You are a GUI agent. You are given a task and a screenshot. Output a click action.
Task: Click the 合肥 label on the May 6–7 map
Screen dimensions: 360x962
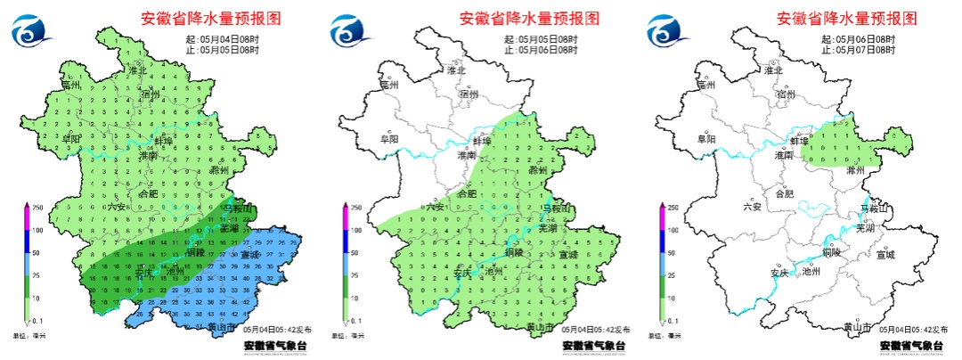click(785, 193)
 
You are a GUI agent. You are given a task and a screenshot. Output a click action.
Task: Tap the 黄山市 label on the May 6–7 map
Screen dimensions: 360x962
click(858, 328)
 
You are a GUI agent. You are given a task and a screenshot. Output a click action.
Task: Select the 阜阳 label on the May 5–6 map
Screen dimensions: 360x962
click(389, 139)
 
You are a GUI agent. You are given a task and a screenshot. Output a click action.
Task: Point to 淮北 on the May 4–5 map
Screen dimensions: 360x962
click(138, 70)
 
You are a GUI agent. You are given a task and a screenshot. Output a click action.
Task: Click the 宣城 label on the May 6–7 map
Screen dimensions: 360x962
click(885, 255)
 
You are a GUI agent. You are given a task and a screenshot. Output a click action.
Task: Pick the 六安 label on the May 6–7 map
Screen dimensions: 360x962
click(754, 207)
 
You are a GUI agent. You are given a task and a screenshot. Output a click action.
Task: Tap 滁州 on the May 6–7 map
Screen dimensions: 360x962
click(855, 169)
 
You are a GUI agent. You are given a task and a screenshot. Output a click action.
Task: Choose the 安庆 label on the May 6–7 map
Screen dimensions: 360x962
click(779, 273)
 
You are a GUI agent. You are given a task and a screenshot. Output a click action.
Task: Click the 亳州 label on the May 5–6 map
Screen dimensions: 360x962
click(389, 86)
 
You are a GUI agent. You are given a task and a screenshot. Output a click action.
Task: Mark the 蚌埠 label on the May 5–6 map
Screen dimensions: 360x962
click(482, 141)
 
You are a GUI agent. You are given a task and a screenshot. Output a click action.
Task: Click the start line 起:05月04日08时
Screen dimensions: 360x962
click(222, 40)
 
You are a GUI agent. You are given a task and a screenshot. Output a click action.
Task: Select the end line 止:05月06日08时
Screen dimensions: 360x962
click(540, 51)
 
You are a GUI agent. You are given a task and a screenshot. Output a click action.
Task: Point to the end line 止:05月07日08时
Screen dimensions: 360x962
click(859, 51)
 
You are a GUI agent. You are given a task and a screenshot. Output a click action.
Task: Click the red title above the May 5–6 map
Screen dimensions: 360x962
click(529, 18)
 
